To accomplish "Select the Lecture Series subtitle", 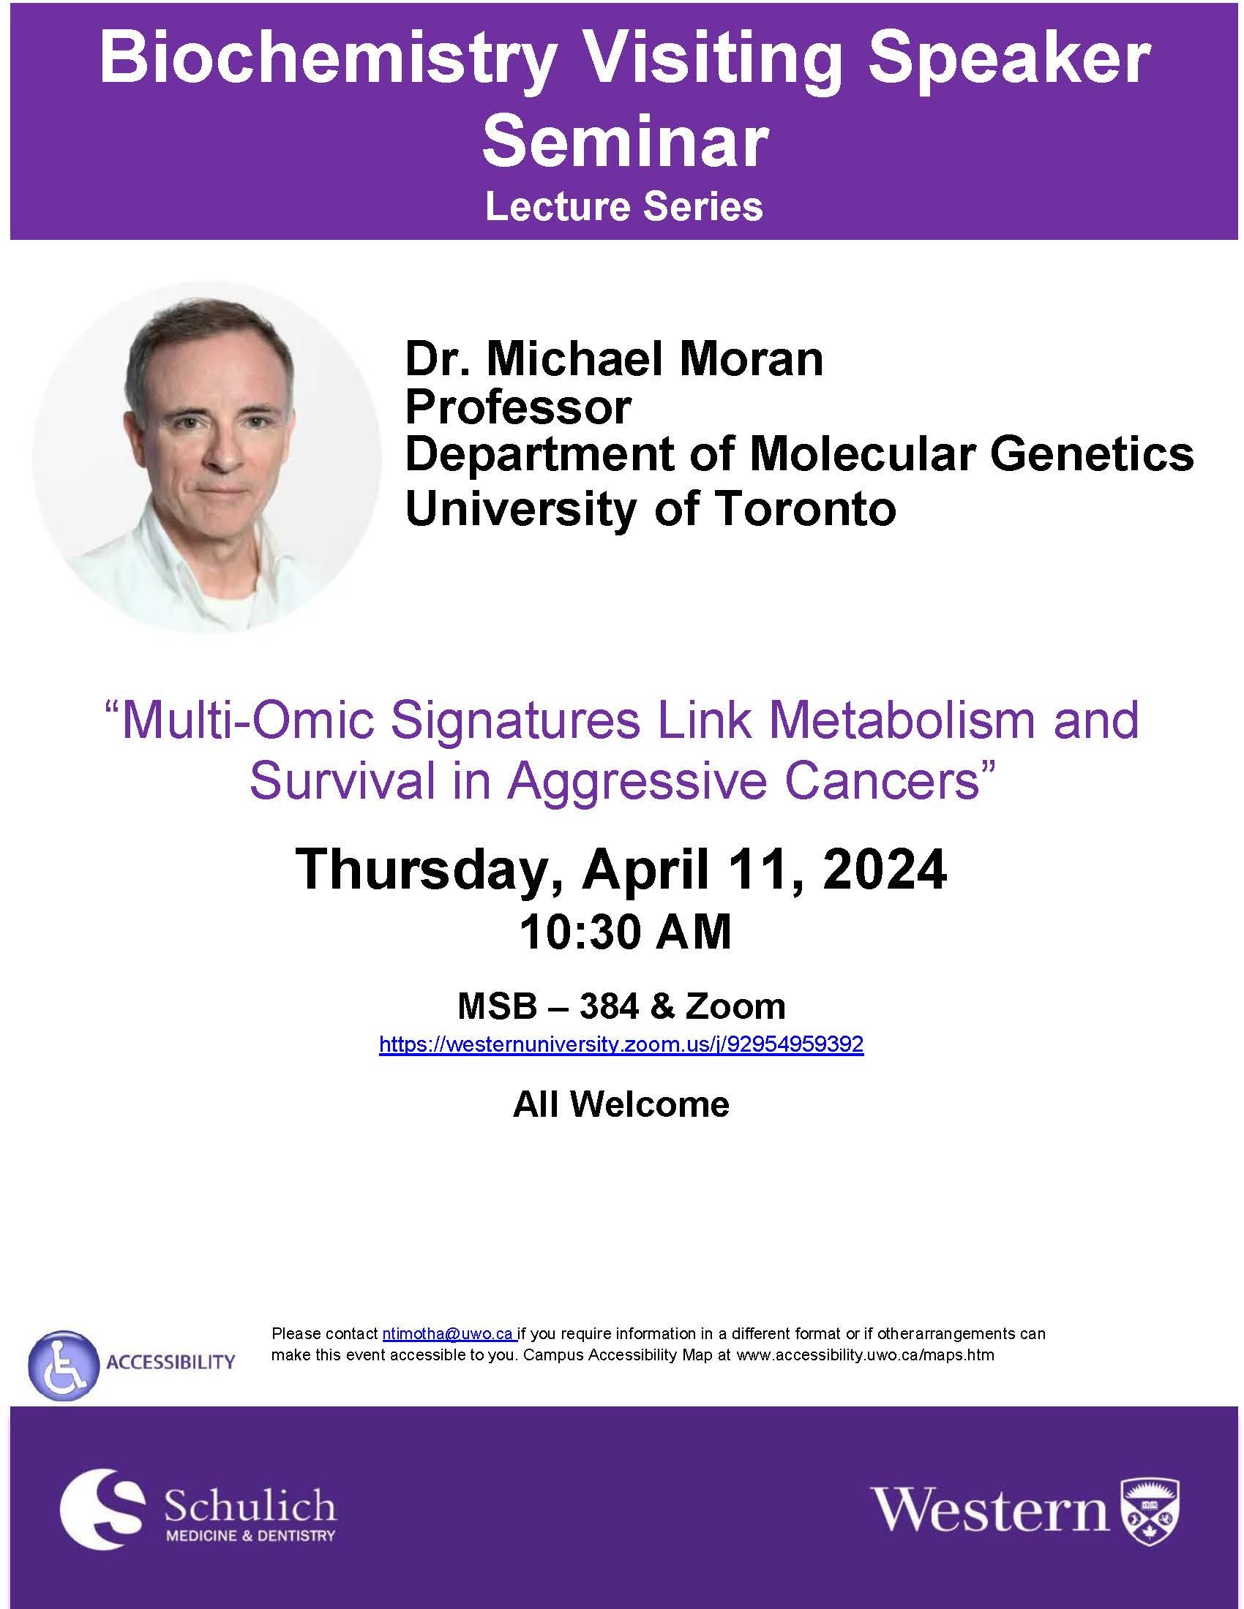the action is [623, 206].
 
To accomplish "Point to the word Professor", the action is [518, 407].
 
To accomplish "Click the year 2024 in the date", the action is [885, 870].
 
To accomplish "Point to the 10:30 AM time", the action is [625, 931].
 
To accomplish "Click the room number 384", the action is [609, 1006].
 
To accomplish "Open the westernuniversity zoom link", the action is [621, 1044].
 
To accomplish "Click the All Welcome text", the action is [621, 1104].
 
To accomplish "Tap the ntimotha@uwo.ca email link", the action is [448, 1333].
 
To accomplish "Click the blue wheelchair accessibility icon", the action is [64, 1365].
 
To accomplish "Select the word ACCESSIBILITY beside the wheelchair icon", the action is [171, 1363].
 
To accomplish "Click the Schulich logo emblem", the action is [101, 1509].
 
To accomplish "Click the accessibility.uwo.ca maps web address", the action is [865, 1354].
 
